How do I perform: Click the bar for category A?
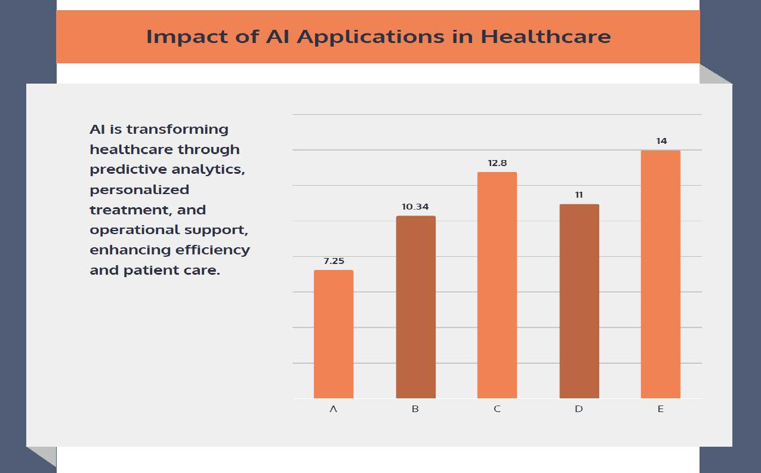click(x=333, y=334)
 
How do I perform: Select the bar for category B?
click(x=415, y=307)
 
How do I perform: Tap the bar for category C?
click(x=497, y=285)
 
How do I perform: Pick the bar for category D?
click(x=579, y=301)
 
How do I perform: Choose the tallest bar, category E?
click(x=660, y=274)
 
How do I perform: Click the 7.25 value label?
click(x=334, y=261)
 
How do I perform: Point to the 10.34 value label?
click(x=415, y=207)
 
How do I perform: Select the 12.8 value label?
click(x=497, y=163)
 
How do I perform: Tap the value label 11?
click(x=578, y=195)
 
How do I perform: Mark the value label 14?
click(x=661, y=141)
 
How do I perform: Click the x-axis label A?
click(x=333, y=409)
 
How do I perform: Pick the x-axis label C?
click(x=497, y=409)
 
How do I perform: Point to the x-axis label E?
click(x=660, y=409)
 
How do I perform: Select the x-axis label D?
click(x=578, y=409)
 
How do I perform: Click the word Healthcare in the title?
click(x=546, y=36)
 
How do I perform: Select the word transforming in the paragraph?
click(x=177, y=130)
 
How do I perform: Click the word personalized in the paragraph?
click(x=139, y=190)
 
